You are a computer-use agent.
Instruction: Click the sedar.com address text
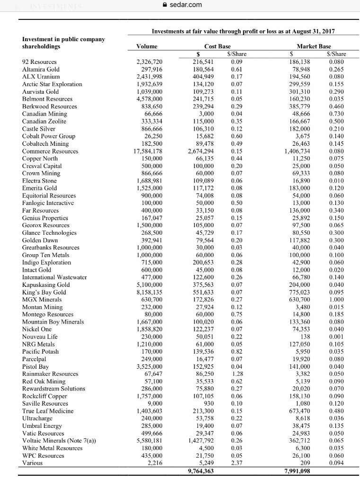pyautogui.click(x=186, y=5)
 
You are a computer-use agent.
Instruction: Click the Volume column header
pyautogui.click(x=147, y=46)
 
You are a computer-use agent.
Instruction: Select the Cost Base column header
pyautogui.click(x=218, y=46)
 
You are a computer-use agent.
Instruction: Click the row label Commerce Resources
pyautogui.click(x=47, y=151)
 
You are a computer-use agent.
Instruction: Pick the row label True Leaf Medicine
pyautogui.click(x=48, y=411)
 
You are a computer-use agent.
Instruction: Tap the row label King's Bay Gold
pyautogui.click(x=43, y=292)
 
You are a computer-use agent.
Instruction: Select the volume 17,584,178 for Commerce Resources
pyautogui.click(x=148, y=151)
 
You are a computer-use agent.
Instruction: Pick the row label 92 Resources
pyautogui.click(x=39, y=62)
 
